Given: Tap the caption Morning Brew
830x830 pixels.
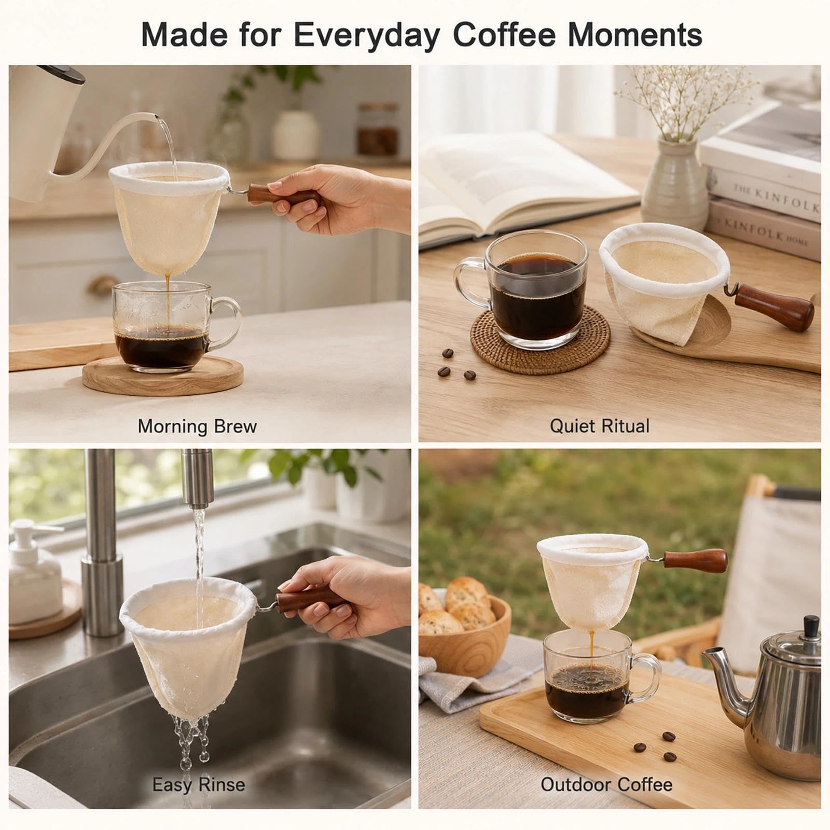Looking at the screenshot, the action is (x=197, y=426).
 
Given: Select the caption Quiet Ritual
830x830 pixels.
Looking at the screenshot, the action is (x=599, y=426).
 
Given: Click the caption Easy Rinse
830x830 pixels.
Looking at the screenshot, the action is (x=198, y=785).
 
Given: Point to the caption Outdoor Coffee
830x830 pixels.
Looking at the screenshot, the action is (x=606, y=784).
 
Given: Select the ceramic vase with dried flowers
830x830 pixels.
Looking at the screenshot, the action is (x=674, y=176).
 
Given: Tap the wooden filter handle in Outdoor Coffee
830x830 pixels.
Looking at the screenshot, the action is (x=695, y=558).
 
